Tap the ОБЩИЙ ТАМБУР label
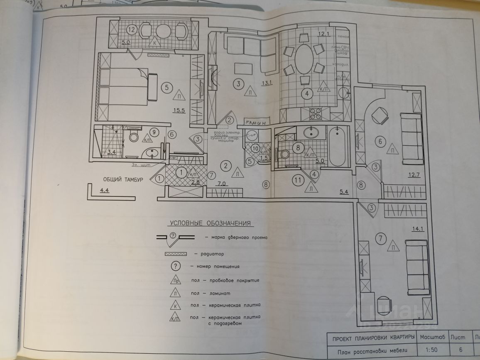point(123,179)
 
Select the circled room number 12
point(131,30)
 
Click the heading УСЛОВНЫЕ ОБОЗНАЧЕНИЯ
point(210,223)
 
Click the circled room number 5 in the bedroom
point(166,88)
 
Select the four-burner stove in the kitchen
point(314,112)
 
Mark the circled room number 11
point(296,180)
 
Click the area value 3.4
point(111,152)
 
